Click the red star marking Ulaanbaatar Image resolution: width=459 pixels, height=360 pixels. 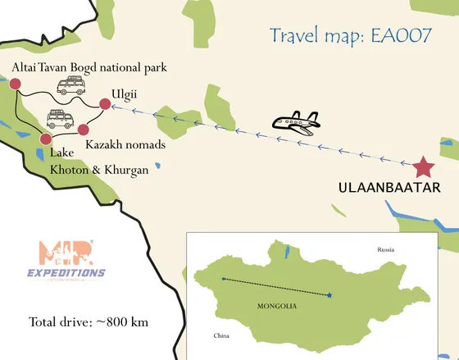(423, 167)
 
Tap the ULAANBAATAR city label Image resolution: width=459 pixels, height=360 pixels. (389, 189)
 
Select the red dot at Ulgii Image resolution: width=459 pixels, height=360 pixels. (105, 103)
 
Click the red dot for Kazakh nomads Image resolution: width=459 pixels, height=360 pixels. (83, 130)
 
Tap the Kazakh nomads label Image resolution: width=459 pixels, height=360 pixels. (126, 145)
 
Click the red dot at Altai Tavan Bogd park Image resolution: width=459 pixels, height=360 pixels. (15, 83)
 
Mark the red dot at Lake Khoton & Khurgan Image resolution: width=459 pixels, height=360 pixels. (46, 139)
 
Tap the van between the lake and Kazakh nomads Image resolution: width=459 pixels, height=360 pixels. (61, 120)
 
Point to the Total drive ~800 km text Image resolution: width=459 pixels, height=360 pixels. (89, 321)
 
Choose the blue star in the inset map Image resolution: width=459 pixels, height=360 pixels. (329, 295)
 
